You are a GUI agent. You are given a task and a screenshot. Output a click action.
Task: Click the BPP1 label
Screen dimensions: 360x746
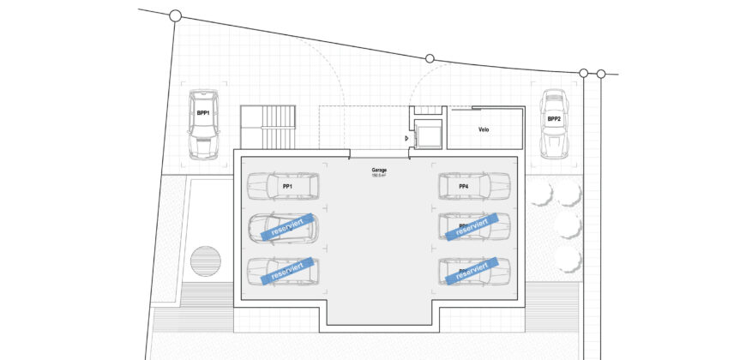tap(203, 112)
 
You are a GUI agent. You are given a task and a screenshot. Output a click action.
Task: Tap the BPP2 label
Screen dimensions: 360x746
tap(555, 119)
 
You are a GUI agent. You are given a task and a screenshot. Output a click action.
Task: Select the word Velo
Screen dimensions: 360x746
tap(484, 130)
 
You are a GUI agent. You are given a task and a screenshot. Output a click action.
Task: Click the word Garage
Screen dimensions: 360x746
tap(378, 171)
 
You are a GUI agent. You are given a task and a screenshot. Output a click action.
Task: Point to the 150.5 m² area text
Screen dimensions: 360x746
tap(378, 177)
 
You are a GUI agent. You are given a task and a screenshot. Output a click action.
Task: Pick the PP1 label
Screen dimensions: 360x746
tap(288, 186)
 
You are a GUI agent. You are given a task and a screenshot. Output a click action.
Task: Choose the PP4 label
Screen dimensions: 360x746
tap(463, 186)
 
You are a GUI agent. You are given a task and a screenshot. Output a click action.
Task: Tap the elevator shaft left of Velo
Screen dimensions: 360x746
tap(427, 135)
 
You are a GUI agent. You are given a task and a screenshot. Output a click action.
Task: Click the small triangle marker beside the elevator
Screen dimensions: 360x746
tap(406, 137)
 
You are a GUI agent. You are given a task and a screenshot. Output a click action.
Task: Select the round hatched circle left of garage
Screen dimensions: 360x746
tap(206, 260)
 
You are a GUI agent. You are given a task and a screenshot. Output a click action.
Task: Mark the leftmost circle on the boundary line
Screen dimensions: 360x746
tap(176, 15)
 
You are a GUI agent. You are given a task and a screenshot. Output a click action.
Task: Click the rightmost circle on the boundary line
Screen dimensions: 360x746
tap(601, 75)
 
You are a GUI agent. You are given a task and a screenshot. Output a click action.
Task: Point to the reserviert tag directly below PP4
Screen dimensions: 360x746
tap(472, 226)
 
